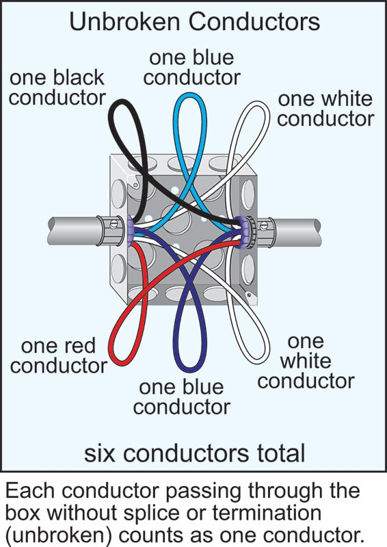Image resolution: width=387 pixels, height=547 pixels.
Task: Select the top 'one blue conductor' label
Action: pyautogui.click(x=191, y=66)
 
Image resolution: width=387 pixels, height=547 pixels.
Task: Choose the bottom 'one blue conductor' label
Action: pyautogui.click(x=181, y=397)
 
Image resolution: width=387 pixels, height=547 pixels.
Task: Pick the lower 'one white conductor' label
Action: pyautogui.click(x=306, y=360)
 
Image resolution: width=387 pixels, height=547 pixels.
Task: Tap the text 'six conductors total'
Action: pyautogui.click(x=193, y=452)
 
